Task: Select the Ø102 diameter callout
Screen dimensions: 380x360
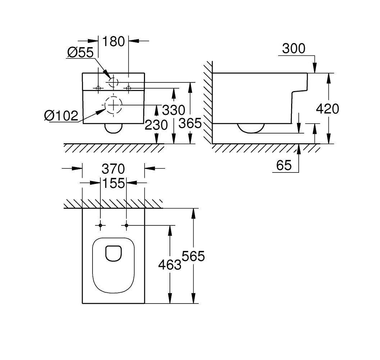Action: click(61, 116)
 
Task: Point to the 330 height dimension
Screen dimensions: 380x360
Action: click(173, 110)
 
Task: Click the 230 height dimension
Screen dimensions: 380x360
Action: click(156, 125)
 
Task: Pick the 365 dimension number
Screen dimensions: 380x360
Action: click(190, 123)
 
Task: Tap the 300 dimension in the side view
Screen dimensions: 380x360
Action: click(294, 49)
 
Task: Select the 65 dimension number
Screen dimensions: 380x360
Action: click(284, 166)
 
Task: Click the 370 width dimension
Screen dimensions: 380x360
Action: click(113, 169)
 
